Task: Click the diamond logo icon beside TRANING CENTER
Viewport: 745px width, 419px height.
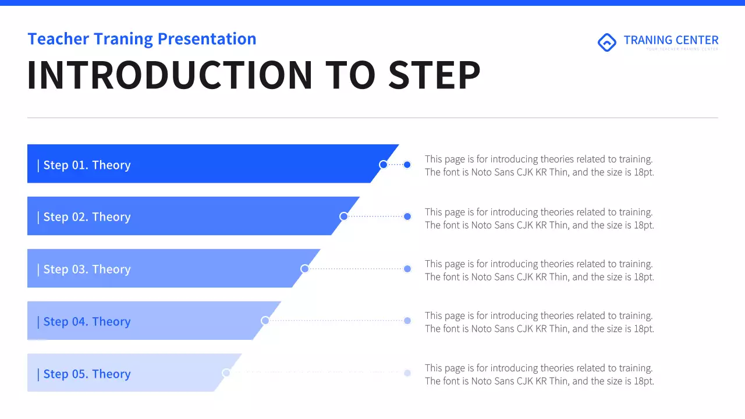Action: point(607,42)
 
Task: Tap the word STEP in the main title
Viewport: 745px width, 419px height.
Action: point(434,76)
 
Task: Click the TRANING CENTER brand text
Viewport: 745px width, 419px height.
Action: point(670,40)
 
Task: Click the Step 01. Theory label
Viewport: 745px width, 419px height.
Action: point(87,165)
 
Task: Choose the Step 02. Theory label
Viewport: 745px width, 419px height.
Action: point(87,217)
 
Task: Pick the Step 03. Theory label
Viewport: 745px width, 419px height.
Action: point(87,269)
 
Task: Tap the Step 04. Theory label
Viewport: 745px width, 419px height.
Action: point(87,322)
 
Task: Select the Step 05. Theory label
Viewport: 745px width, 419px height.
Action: point(87,374)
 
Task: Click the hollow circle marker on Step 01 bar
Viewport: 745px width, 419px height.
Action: point(383,165)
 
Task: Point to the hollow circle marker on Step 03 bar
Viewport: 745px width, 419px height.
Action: point(304,269)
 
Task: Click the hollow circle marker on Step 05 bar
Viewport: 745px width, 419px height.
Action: point(226,372)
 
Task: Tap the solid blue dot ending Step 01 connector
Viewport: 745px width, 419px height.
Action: point(407,165)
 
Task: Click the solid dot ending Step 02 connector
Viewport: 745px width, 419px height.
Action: point(407,216)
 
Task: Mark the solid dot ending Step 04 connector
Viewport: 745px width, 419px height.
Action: point(407,321)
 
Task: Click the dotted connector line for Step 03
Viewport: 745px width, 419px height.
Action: point(355,269)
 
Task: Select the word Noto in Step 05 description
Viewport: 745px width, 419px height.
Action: point(481,381)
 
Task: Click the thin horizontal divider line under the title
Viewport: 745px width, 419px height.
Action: point(372,118)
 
